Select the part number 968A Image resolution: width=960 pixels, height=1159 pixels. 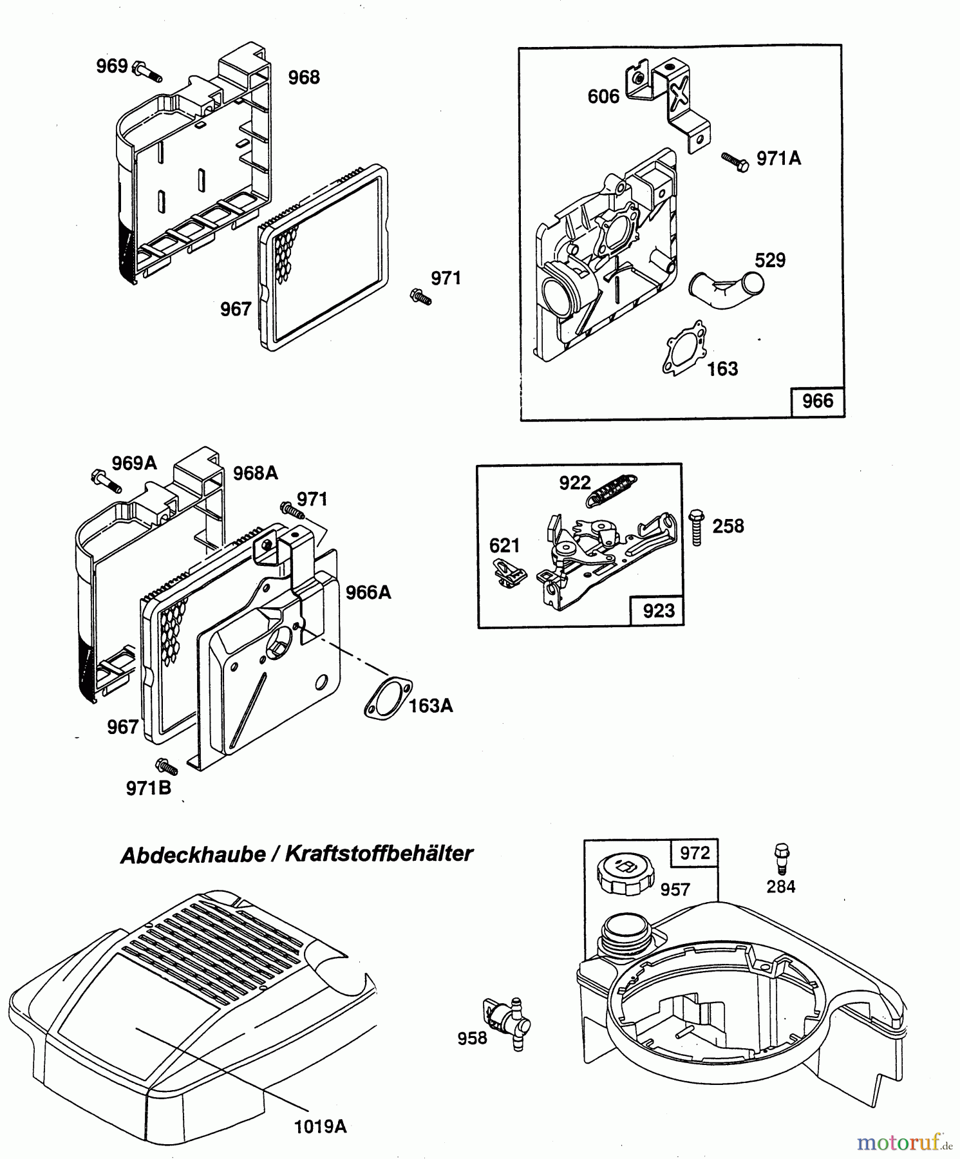click(x=256, y=473)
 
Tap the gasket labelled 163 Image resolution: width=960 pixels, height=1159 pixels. click(x=684, y=347)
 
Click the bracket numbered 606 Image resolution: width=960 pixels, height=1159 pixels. click(x=670, y=103)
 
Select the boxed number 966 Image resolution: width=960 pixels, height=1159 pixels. click(x=817, y=401)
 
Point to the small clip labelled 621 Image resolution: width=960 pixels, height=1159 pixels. click(x=509, y=573)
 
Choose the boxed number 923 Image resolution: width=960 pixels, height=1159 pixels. click(x=657, y=610)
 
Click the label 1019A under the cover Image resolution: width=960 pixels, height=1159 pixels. click(x=320, y=1126)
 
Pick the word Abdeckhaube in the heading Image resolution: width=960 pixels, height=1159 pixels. click(x=193, y=854)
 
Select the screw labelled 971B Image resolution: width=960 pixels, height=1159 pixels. click(x=166, y=767)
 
